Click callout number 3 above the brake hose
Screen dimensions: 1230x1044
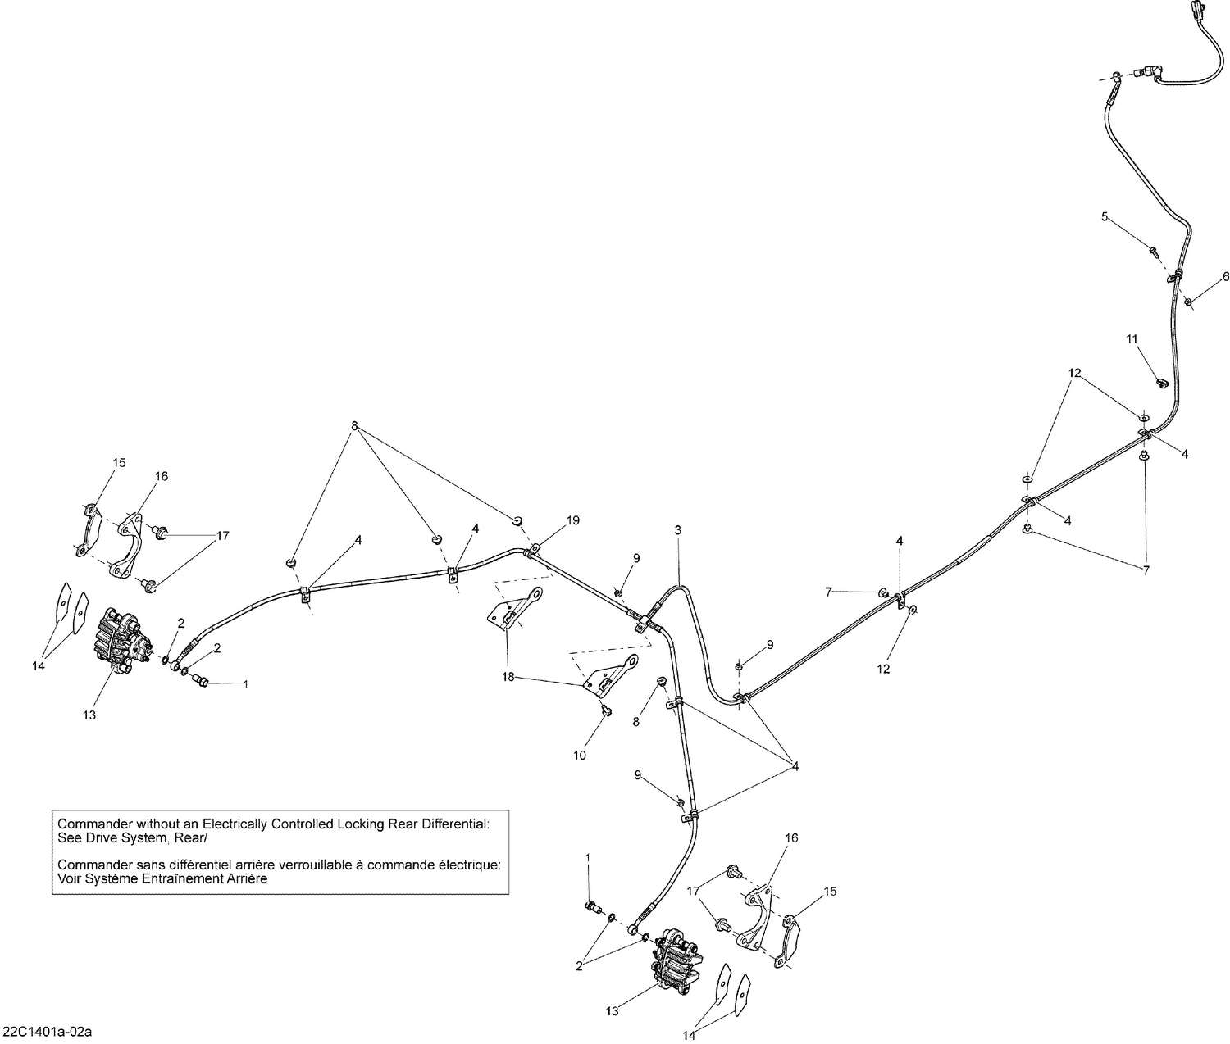678,529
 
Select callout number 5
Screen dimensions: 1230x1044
1105,216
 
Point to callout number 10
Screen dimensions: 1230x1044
580,755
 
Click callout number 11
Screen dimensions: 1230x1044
1132,339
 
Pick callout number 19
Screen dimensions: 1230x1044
572,520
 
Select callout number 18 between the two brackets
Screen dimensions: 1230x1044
508,677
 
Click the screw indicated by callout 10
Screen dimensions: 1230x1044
605,709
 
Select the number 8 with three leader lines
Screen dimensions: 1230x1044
355,425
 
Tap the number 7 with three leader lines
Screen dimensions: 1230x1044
1146,570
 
